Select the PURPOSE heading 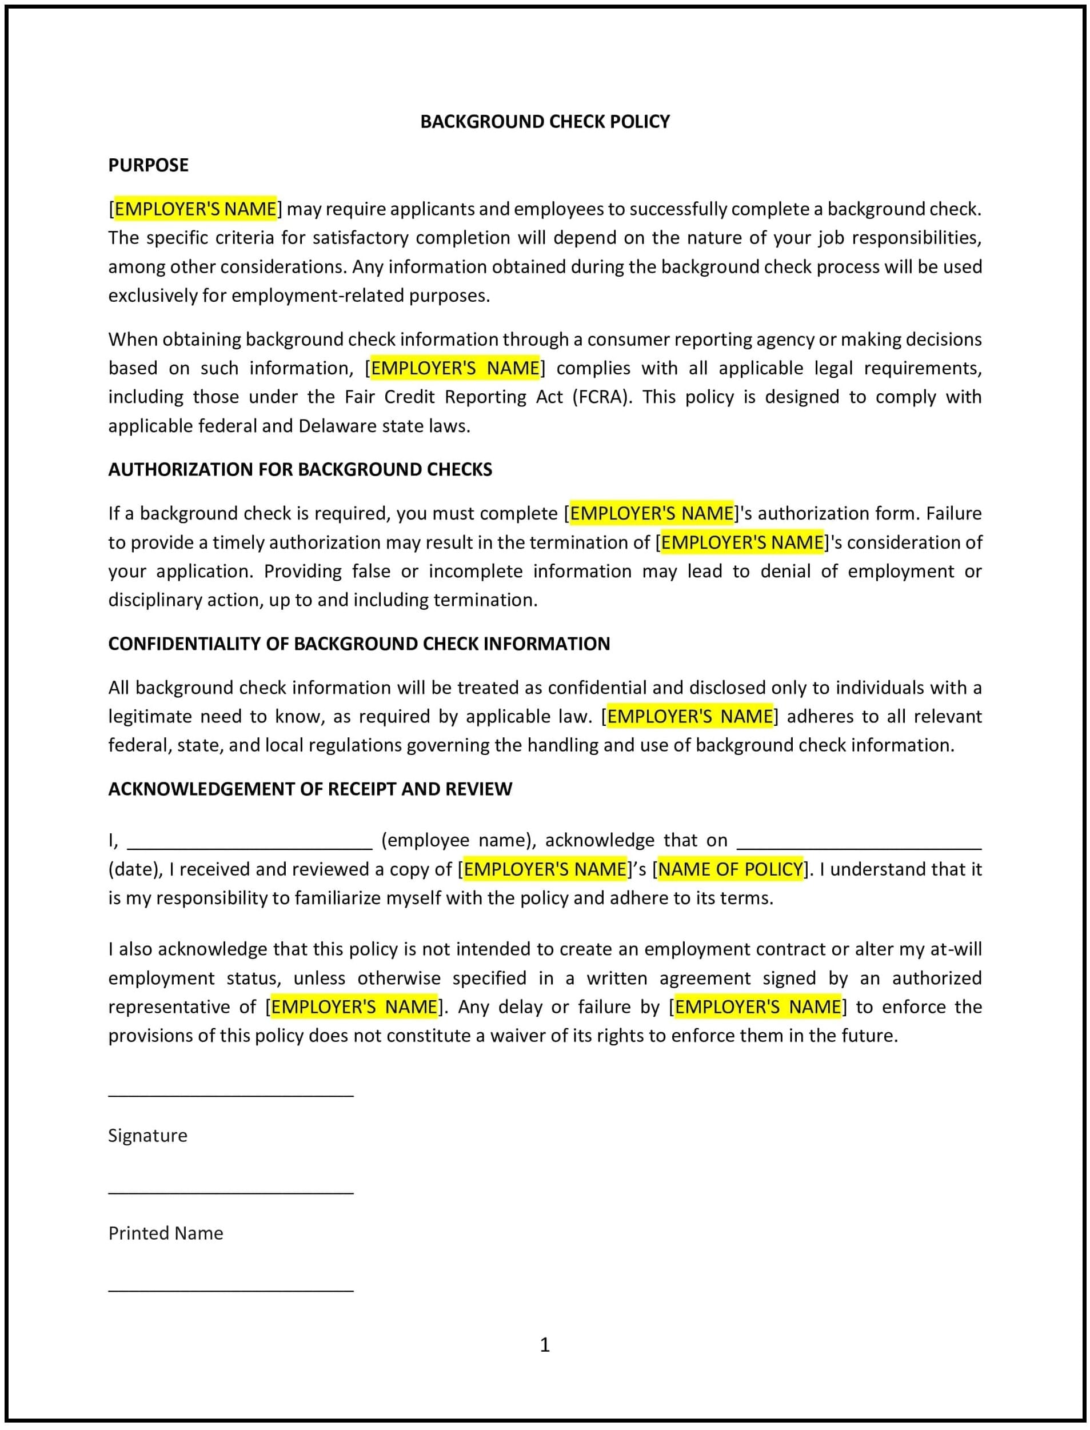pos(148,165)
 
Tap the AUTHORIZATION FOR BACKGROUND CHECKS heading pos(300,469)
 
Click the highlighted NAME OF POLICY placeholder pos(730,869)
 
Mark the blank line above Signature pos(230,1095)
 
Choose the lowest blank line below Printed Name pos(230,1290)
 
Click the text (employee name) pos(458,840)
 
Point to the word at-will pos(956,949)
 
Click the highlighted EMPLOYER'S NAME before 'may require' pos(195,209)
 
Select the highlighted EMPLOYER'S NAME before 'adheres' pos(690,716)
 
